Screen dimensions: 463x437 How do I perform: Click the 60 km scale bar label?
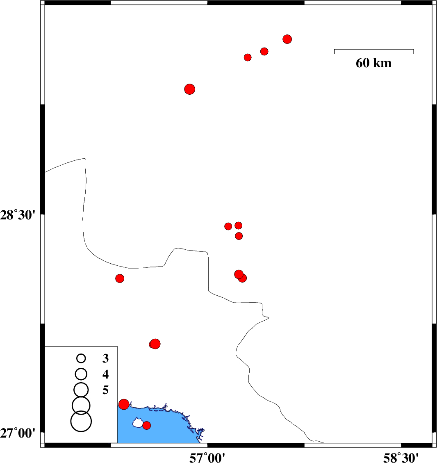(373, 63)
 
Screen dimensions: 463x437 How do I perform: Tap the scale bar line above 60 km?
(374, 50)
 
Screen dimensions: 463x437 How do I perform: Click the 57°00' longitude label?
(207, 456)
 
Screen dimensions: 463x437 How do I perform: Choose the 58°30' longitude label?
(401, 456)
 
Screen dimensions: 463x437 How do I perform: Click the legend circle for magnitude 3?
(81, 358)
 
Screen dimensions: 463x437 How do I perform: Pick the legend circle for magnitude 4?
(81, 374)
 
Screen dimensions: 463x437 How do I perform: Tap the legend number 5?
(105, 390)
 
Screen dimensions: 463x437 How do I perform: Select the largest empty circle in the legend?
(81, 421)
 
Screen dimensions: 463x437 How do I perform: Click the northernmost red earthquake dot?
(287, 39)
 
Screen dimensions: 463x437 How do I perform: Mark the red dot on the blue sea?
(146, 425)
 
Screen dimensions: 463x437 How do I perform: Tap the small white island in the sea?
(137, 422)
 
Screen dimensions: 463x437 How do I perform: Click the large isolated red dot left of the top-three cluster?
(189, 89)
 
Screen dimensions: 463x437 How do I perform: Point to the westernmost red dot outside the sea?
(120, 278)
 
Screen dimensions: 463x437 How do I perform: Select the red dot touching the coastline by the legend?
(124, 404)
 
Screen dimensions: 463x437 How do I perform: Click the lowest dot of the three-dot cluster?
(239, 236)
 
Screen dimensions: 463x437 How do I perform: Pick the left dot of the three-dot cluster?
(228, 226)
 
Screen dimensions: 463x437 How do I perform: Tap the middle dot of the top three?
(264, 51)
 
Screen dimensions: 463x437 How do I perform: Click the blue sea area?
(172, 429)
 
